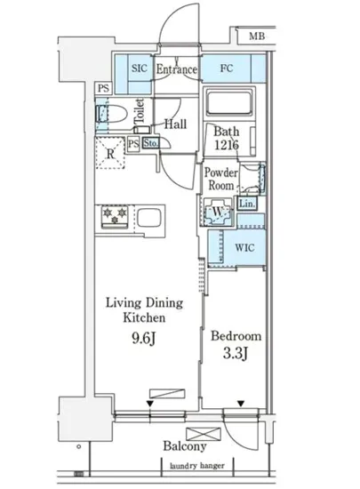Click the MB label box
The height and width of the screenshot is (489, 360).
point(256,36)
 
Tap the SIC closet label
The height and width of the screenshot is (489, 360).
point(139,68)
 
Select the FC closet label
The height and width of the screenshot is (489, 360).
point(227,68)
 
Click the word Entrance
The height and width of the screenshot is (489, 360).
point(176,69)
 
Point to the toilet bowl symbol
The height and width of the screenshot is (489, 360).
point(111,114)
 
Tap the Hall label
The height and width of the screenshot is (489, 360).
point(175,124)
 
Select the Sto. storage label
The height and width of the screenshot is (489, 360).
point(151,143)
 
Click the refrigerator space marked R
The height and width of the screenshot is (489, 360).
point(110,153)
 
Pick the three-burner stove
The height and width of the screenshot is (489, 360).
point(115,216)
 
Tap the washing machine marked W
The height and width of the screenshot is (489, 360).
point(218,212)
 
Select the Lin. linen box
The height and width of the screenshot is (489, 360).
point(247,204)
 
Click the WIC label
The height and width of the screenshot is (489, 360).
point(244,248)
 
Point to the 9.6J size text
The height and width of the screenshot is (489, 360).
point(143,338)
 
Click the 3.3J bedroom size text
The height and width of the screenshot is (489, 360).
point(235,354)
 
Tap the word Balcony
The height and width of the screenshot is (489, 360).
point(185,446)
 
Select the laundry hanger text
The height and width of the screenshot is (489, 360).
point(197,466)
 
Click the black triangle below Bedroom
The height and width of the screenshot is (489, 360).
point(241,405)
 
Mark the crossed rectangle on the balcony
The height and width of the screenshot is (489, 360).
point(204,434)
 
